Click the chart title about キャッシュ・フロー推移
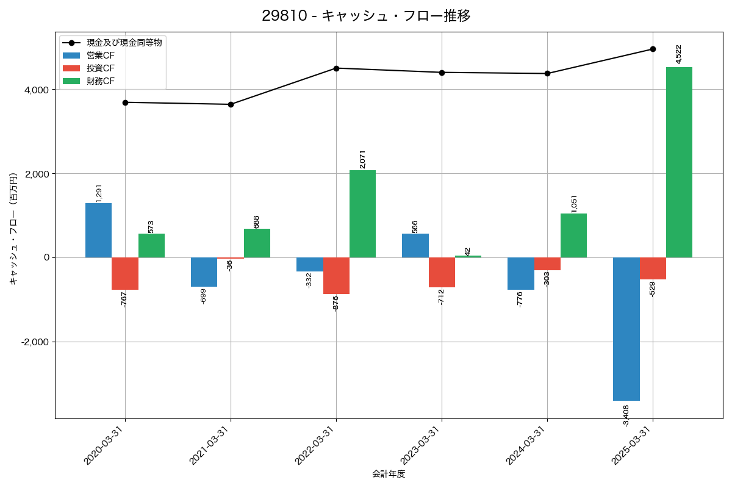pos(366,16)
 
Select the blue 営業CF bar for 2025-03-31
pos(626,329)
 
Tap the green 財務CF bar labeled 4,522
pos(679,162)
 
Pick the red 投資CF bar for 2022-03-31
pos(336,276)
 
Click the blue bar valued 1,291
pos(98,230)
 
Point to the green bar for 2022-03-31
pos(362,213)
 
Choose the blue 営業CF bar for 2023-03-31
pos(415,245)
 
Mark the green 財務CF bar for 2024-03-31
pos(573,235)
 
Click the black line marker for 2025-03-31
pos(653,49)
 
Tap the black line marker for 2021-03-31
pos(231,104)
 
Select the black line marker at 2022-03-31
pos(336,68)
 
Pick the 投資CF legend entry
pos(101,68)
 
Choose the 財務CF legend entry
pos(101,81)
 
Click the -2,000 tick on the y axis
pos(34,342)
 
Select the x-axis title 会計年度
pos(389,474)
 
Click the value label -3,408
pos(626,415)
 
